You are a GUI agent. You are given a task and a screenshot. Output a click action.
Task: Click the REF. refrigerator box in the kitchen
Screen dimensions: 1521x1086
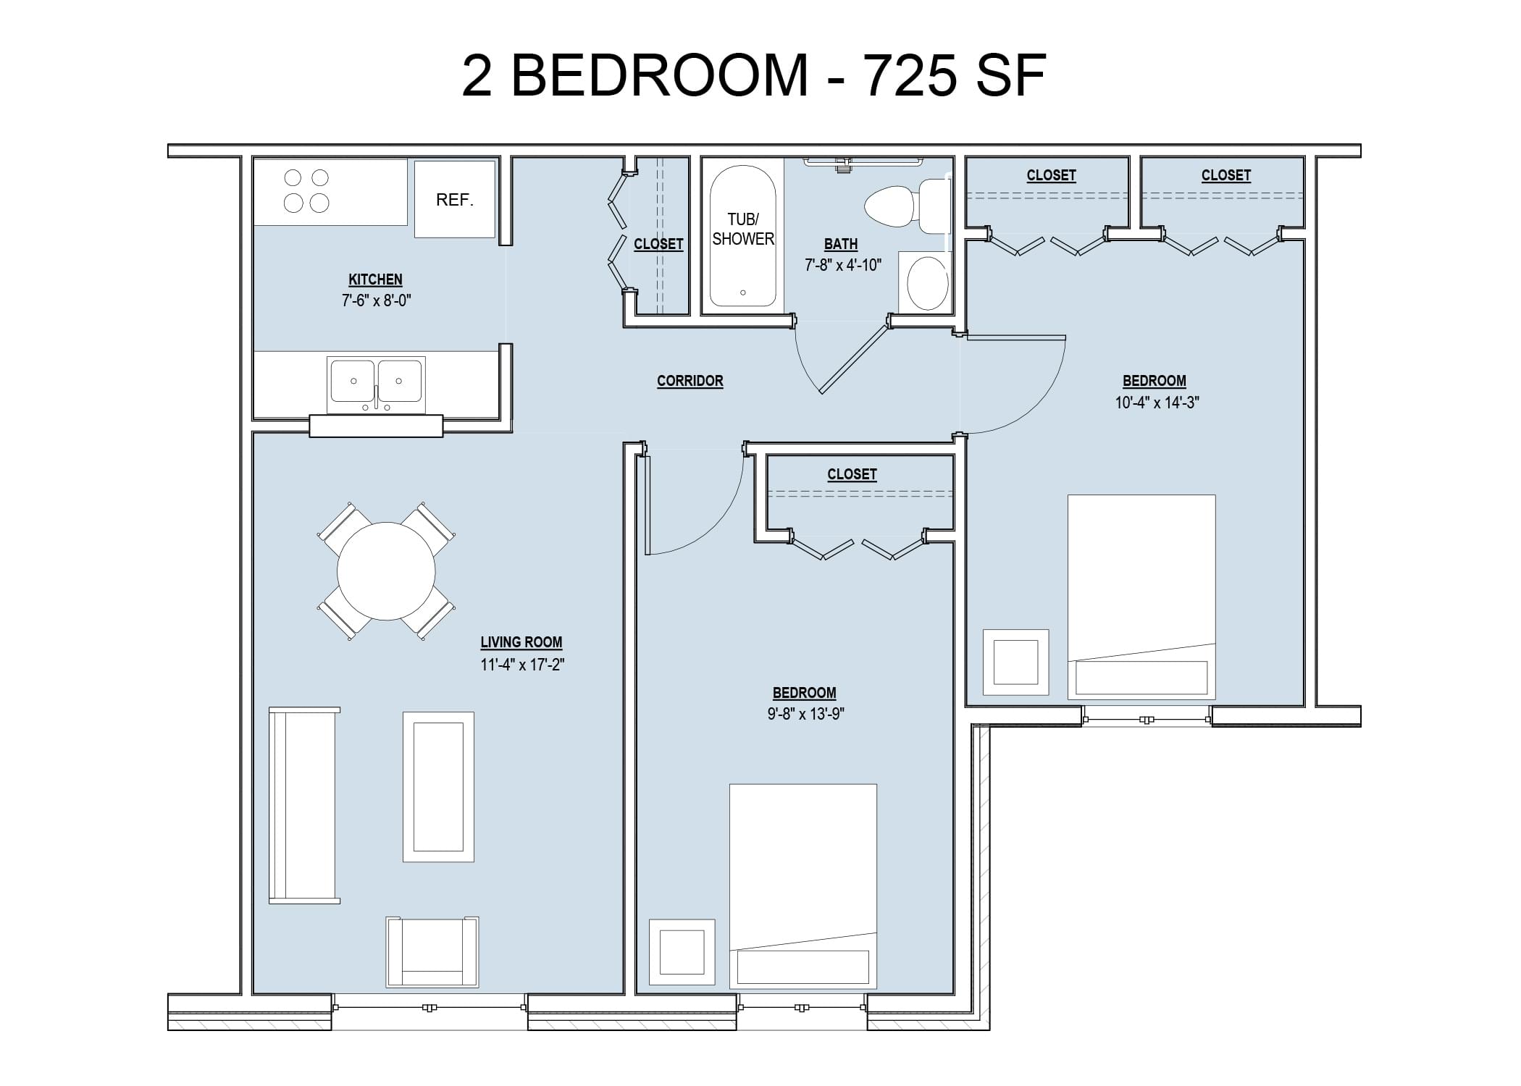pos(455,199)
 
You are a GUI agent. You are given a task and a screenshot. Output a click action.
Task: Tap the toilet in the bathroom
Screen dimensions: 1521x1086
pos(906,206)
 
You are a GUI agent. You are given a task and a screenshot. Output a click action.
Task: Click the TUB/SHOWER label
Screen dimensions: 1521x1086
pos(743,229)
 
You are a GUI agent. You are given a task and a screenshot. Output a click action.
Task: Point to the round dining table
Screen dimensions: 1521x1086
pos(386,571)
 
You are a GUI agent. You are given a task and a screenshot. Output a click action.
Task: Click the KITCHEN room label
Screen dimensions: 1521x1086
pos(375,279)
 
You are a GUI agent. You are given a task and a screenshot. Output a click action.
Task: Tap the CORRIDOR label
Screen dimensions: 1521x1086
pos(690,381)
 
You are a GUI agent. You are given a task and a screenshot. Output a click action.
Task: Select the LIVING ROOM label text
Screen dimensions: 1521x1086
pos(521,642)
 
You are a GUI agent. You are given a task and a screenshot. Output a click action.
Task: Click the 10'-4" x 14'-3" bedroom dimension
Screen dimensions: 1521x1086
pos(1157,403)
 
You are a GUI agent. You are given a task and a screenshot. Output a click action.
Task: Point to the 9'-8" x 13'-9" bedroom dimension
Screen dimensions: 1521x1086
pos(806,714)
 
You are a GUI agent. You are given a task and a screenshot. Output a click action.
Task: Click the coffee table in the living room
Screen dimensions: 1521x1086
pos(438,787)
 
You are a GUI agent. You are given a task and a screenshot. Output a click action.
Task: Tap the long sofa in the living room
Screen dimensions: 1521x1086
pos(304,805)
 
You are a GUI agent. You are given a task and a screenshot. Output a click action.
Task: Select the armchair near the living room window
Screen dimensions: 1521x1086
pos(432,951)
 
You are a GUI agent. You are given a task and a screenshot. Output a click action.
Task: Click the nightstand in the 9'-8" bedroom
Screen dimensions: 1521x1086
pos(682,952)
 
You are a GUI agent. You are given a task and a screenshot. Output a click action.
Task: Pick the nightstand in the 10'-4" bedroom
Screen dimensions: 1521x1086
pos(1015,662)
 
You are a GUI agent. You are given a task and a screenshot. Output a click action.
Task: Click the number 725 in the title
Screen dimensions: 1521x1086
pos(910,75)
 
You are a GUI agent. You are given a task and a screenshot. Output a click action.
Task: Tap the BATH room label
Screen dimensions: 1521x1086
pos(841,244)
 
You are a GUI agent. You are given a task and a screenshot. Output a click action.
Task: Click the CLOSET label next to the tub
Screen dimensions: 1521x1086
pos(658,244)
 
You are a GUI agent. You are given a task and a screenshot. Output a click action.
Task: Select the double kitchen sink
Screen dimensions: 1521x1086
pos(376,384)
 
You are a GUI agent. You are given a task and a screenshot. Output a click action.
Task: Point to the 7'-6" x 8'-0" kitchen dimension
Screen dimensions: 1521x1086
pos(377,300)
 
